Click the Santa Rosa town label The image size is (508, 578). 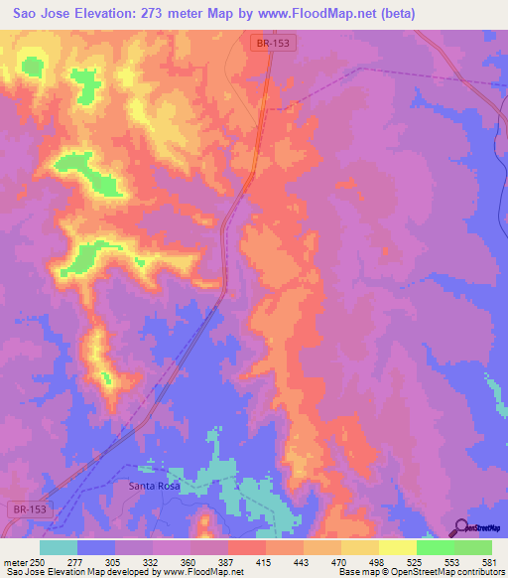point(155,486)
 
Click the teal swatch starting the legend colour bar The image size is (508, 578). point(58,547)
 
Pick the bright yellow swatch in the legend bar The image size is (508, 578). point(397,547)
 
